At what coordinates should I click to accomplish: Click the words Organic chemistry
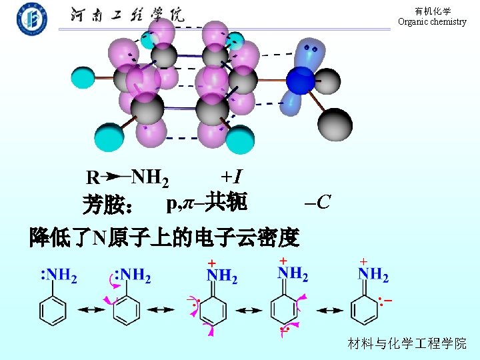point(432,21)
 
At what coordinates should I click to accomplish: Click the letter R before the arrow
point(93,178)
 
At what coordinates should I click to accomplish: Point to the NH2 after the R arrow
point(150,177)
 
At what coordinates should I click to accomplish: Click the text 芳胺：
point(108,205)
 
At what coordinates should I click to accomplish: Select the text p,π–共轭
point(207,201)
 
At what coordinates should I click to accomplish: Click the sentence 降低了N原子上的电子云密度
point(163,237)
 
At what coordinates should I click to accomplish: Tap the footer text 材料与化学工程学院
point(407,343)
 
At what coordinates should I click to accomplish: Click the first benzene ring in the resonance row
point(53,311)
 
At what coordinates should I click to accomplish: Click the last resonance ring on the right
point(364,309)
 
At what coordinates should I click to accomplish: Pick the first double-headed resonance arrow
point(89,310)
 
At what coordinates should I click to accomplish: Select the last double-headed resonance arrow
point(329,310)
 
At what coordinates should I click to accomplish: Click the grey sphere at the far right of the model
point(333,123)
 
